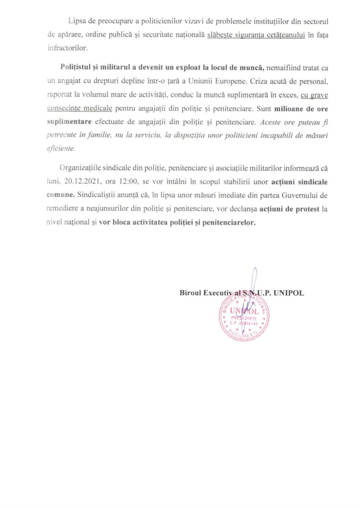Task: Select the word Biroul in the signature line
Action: [191, 293]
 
